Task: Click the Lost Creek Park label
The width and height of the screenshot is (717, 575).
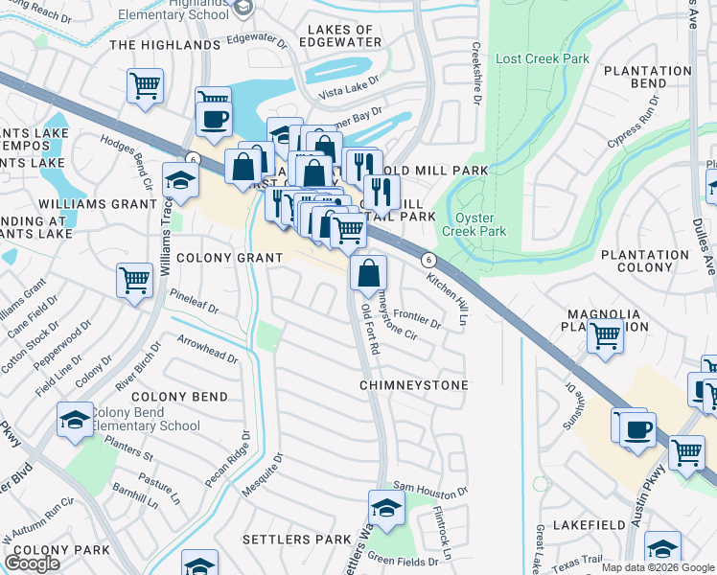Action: pyautogui.click(x=542, y=58)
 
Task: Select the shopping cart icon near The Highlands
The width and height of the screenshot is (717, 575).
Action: pyautogui.click(x=144, y=84)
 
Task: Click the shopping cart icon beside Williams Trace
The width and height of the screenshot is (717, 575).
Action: pyautogui.click(x=134, y=281)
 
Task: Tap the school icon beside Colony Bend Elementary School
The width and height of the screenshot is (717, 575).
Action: pyautogui.click(x=75, y=420)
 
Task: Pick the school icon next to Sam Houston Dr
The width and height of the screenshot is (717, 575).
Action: pyautogui.click(x=385, y=507)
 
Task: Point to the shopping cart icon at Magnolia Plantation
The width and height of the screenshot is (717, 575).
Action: pyautogui.click(x=605, y=336)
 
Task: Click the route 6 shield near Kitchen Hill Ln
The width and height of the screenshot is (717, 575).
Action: pyautogui.click(x=428, y=260)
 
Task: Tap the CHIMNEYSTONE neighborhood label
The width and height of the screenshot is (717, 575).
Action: pyautogui.click(x=414, y=385)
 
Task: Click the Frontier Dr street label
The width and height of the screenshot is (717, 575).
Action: pyautogui.click(x=416, y=317)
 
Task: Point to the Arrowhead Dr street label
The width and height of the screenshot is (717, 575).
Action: pyautogui.click(x=207, y=348)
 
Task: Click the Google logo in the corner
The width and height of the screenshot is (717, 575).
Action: pyautogui.click(x=33, y=563)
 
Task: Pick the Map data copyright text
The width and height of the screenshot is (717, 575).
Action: pyautogui.click(x=658, y=567)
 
